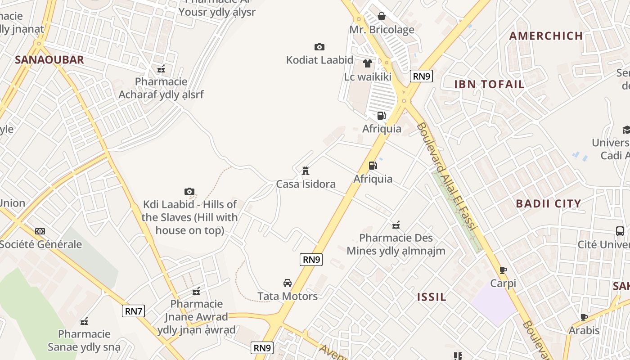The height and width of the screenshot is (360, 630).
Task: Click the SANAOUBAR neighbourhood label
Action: coord(49,60)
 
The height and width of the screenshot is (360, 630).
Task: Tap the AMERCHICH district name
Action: coord(546,36)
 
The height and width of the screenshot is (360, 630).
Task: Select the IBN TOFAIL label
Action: coord(489,84)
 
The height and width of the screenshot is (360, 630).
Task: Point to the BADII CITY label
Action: coord(549,203)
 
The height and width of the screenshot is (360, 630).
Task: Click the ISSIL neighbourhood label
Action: coord(432,297)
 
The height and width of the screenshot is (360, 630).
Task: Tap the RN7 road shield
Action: coord(134,310)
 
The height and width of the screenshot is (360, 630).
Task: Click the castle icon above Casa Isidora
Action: coord(306,171)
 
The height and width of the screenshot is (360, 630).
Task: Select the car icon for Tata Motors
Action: coord(287,283)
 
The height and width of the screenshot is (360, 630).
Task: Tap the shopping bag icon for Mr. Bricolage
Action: coord(382,17)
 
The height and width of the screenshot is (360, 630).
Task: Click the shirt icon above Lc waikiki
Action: coord(368,63)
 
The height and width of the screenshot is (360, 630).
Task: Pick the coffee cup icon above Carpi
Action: coord(503,270)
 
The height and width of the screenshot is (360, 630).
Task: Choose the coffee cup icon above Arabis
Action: coord(584,317)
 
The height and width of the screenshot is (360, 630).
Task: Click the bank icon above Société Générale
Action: coord(40,231)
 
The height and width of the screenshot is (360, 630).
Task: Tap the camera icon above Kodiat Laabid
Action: coord(319,47)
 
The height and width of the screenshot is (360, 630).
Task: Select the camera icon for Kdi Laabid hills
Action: coord(189,192)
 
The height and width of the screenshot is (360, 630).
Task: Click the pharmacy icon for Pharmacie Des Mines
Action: coord(396,225)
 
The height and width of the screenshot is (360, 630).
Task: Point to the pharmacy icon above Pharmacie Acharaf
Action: coord(161,69)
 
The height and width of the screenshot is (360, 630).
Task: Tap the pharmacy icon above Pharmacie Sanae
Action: coord(84,321)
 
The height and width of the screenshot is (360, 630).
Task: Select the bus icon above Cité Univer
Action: coord(620,231)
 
